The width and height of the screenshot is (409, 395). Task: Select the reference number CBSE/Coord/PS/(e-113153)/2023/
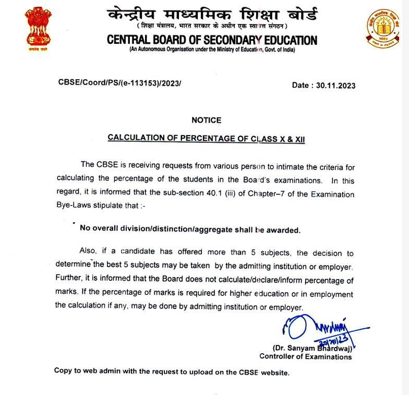[119, 83]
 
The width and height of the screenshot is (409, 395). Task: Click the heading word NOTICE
[206, 120]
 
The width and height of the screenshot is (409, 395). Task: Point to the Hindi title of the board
[211, 14]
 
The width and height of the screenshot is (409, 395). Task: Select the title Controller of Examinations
[305, 357]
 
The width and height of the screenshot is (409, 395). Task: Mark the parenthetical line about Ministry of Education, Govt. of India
[211, 50]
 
